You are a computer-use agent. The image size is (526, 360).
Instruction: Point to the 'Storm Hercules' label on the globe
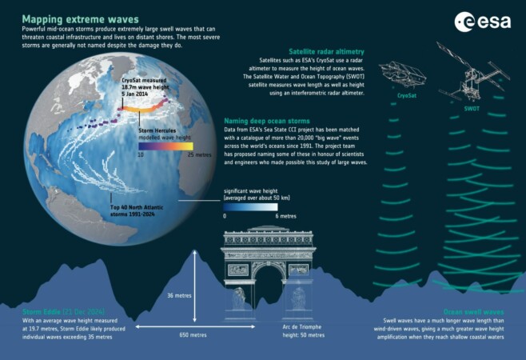[x=158, y=130]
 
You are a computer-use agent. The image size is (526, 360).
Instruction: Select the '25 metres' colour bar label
[x=200, y=156]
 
